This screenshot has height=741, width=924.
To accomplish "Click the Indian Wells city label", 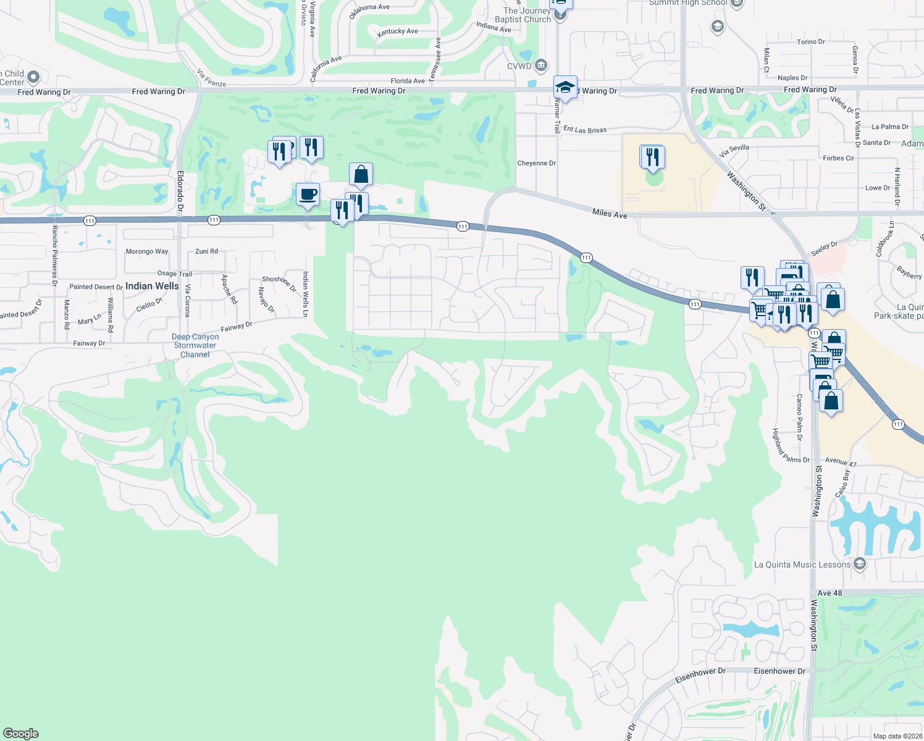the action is tap(152, 286).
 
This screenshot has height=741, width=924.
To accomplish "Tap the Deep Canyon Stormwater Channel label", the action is tap(195, 346).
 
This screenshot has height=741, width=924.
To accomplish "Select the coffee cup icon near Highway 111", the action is tap(308, 195).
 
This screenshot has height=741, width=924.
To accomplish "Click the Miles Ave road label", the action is tap(610, 214).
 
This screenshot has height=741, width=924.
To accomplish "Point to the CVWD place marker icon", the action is tap(541, 65).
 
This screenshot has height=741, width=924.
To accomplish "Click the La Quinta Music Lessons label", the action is tap(802, 564).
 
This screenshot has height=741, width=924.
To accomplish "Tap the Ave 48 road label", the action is tap(829, 593).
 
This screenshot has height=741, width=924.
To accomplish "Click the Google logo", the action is tap(20, 734).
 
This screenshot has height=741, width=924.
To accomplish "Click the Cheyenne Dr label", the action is tap(536, 164).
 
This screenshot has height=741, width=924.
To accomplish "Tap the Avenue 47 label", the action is tap(841, 462).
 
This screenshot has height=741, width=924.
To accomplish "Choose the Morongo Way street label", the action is tap(147, 251).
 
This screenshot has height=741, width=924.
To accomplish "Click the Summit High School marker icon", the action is tap(736, 4).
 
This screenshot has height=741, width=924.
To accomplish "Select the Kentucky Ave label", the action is tap(398, 31).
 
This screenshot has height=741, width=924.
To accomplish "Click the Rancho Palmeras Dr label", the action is tap(54, 256).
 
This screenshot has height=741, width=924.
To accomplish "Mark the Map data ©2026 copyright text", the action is tap(897, 736).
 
